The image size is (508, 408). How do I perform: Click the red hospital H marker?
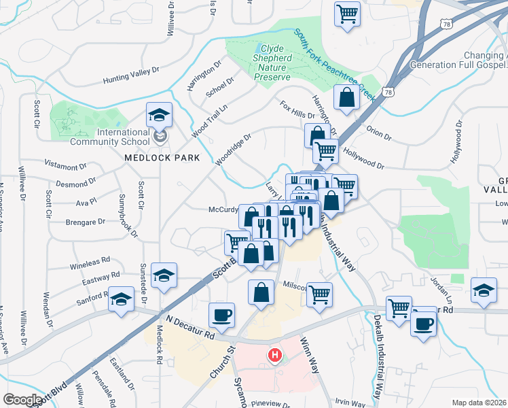pyautogui.click(x=275, y=355)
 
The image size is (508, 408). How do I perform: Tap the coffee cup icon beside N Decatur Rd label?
pyautogui.click(x=222, y=315)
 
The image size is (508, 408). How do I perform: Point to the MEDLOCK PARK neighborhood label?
pyautogui.click(x=162, y=158)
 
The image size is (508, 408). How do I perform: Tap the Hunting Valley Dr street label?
pyautogui.click(x=131, y=75)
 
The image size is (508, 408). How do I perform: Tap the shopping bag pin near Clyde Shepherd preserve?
pyautogui.click(x=346, y=97)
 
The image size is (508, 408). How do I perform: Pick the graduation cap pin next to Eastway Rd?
pyautogui.click(x=164, y=275)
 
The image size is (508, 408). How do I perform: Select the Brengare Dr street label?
pyautogui.click(x=86, y=222)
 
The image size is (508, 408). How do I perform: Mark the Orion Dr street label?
pyautogui.click(x=380, y=131)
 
